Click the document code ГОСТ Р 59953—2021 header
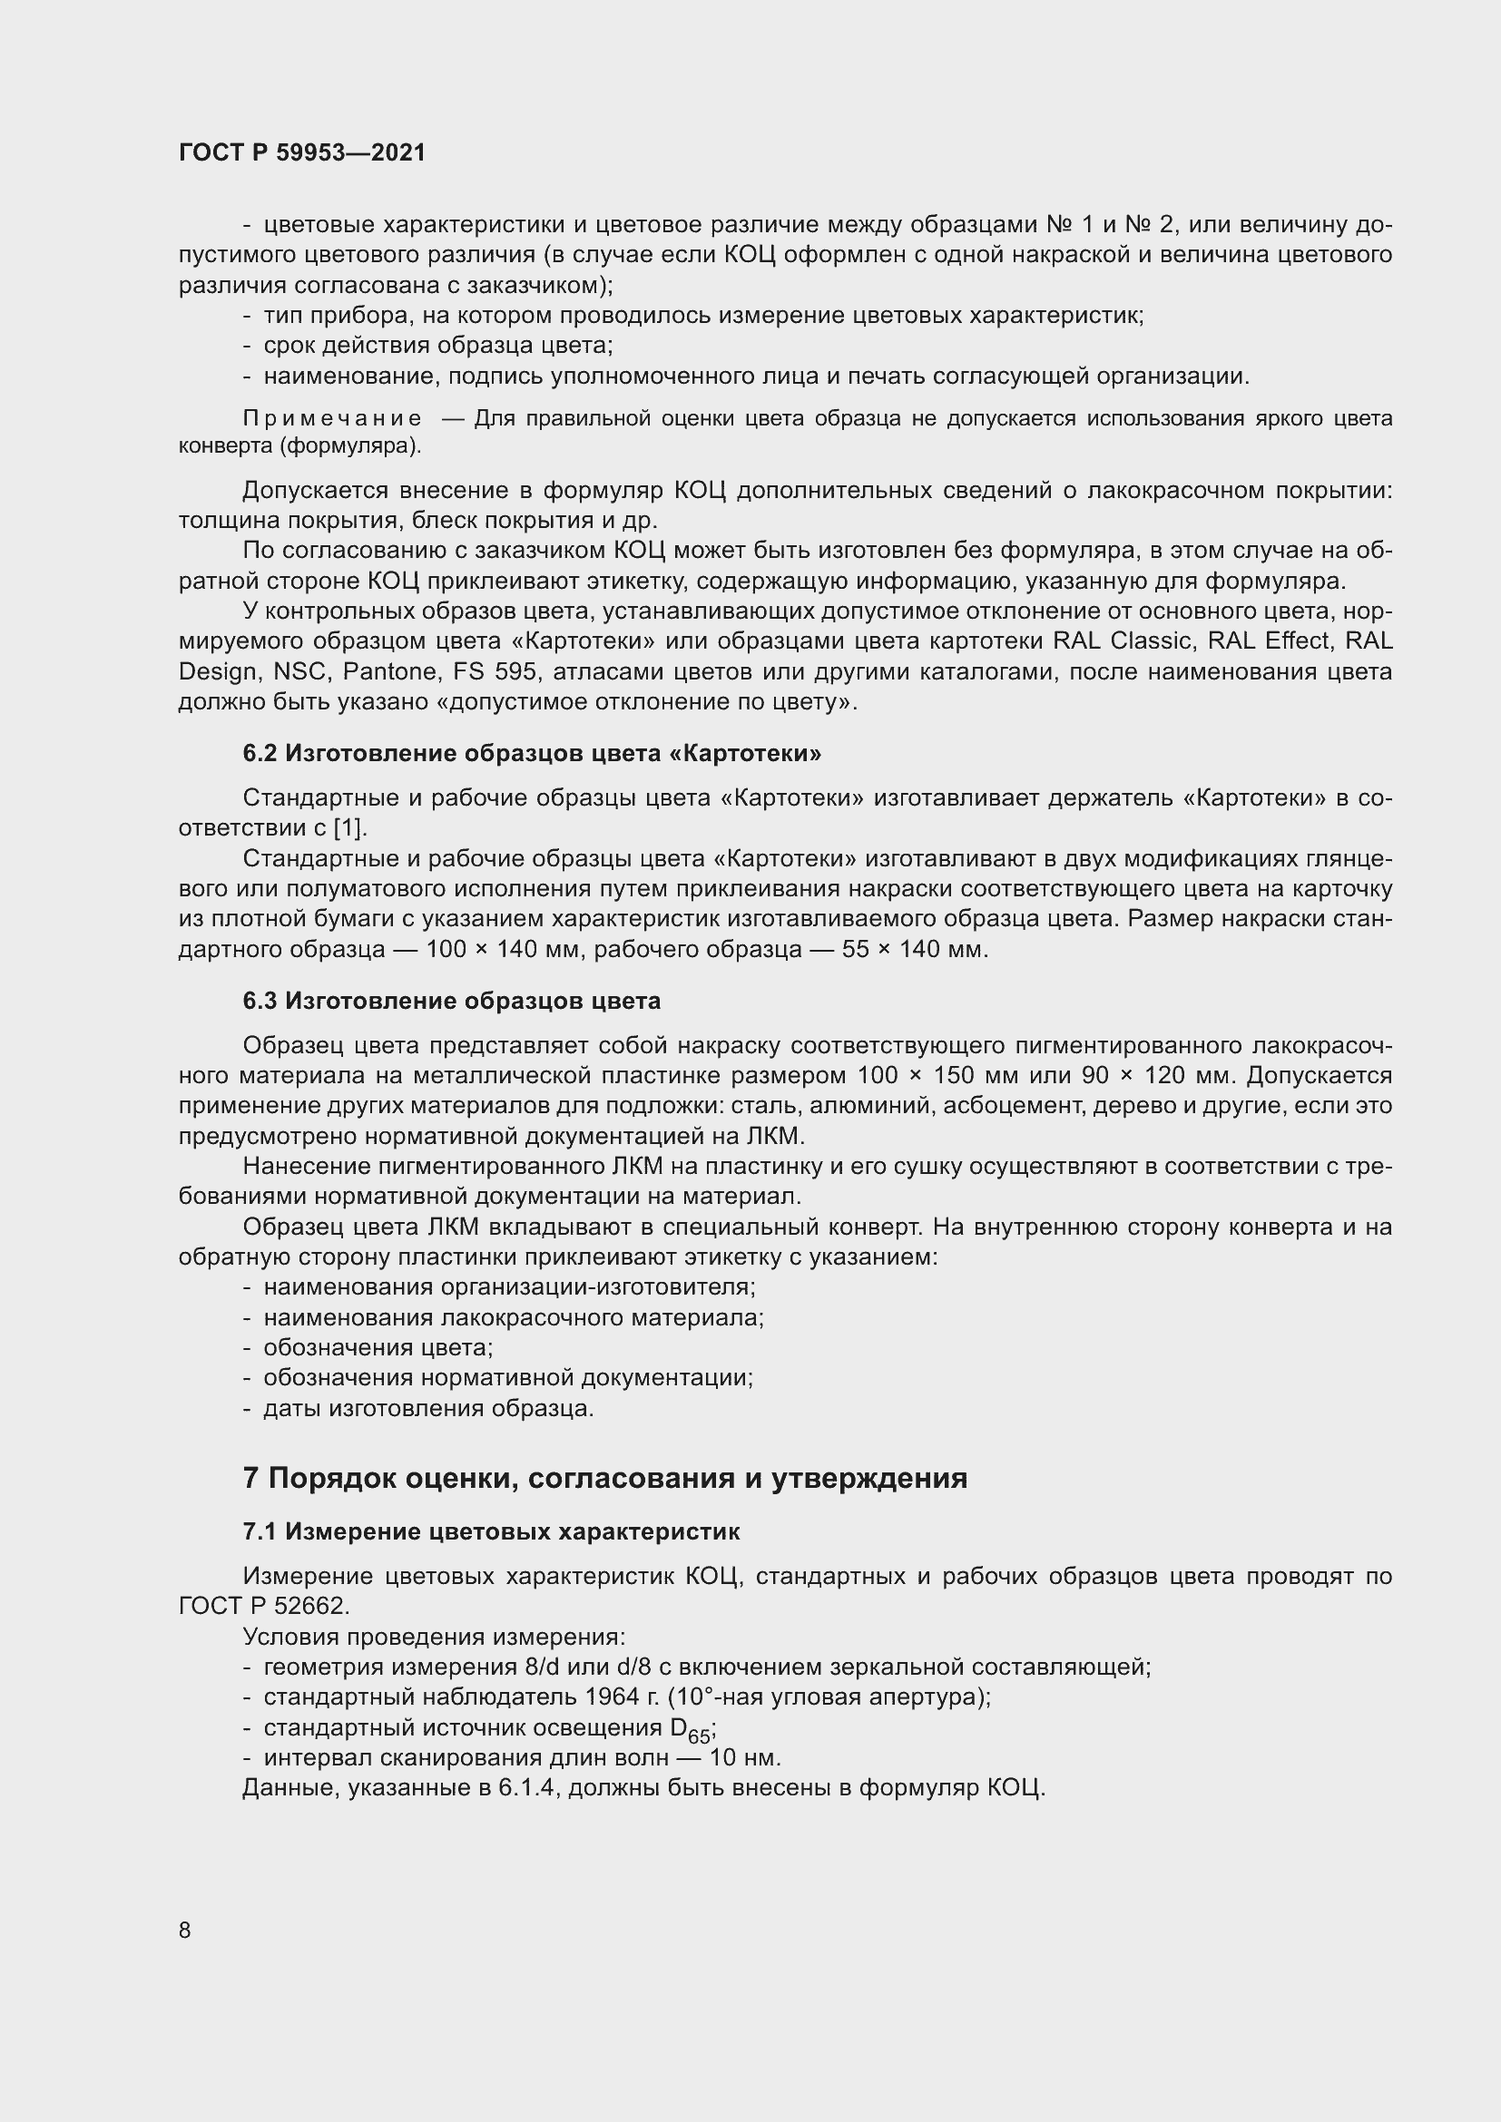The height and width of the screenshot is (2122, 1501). (302, 152)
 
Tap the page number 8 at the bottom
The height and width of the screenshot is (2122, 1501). (185, 1930)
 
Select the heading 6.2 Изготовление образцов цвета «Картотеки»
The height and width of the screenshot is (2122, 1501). (532, 753)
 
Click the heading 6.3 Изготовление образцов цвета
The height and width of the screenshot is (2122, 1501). (451, 1001)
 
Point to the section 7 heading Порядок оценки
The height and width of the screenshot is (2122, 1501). (604, 1478)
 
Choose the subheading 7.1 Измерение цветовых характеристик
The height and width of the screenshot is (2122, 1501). (491, 1531)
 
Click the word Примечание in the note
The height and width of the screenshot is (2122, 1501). (333, 418)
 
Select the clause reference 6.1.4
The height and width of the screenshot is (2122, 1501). (525, 1788)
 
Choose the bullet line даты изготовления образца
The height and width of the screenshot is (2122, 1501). (428, 1409)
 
